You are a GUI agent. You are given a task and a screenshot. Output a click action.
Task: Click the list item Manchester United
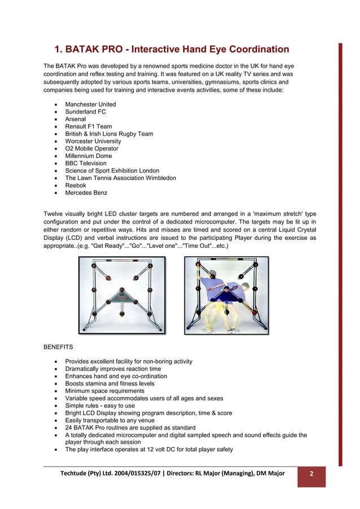point(90,104)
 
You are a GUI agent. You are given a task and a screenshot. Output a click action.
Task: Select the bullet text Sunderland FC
point(85,112)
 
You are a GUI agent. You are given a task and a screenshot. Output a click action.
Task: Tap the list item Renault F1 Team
point(89,126)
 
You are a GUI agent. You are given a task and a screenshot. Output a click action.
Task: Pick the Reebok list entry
point(77,185)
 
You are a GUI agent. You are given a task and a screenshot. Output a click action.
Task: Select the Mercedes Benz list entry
point(86,192)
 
